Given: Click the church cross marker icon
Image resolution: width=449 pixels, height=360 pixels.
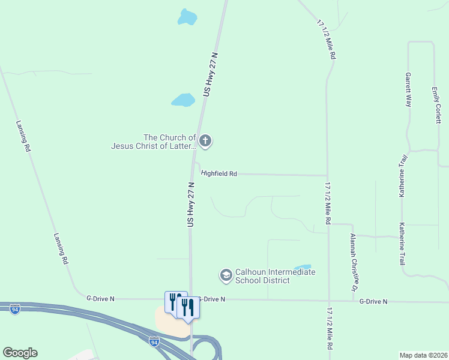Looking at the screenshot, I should click(205, 142).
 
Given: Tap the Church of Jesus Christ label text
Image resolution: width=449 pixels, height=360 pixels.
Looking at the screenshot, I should click(154, 142).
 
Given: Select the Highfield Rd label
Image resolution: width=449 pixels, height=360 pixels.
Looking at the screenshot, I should click(219, 173).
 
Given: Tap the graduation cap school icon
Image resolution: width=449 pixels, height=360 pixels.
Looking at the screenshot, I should click(226, 275).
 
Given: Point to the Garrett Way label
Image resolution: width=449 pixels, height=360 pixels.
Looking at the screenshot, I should click(408, 90).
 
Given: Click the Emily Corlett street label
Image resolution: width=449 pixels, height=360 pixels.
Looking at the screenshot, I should click(437, 105).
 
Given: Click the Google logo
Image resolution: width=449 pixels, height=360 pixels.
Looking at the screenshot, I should click(20, 353).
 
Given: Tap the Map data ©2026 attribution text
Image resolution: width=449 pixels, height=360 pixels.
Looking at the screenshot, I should click(423, 355).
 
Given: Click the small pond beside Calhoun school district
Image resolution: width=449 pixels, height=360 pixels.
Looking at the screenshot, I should click(303, 267).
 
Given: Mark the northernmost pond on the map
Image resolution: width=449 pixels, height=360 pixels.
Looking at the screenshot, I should click(187, 17).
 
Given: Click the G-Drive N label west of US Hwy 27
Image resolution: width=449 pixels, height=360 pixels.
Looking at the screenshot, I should click(100, 298).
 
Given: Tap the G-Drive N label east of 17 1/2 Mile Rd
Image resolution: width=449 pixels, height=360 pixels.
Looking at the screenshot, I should click(373, 301).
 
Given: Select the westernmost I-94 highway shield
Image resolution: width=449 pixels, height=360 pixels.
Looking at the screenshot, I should click(15, 309).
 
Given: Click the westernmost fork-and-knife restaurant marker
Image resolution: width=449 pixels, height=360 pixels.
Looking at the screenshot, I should click(174, 299).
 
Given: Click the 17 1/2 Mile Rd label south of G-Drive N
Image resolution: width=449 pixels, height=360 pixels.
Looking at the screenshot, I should click(330, 329).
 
